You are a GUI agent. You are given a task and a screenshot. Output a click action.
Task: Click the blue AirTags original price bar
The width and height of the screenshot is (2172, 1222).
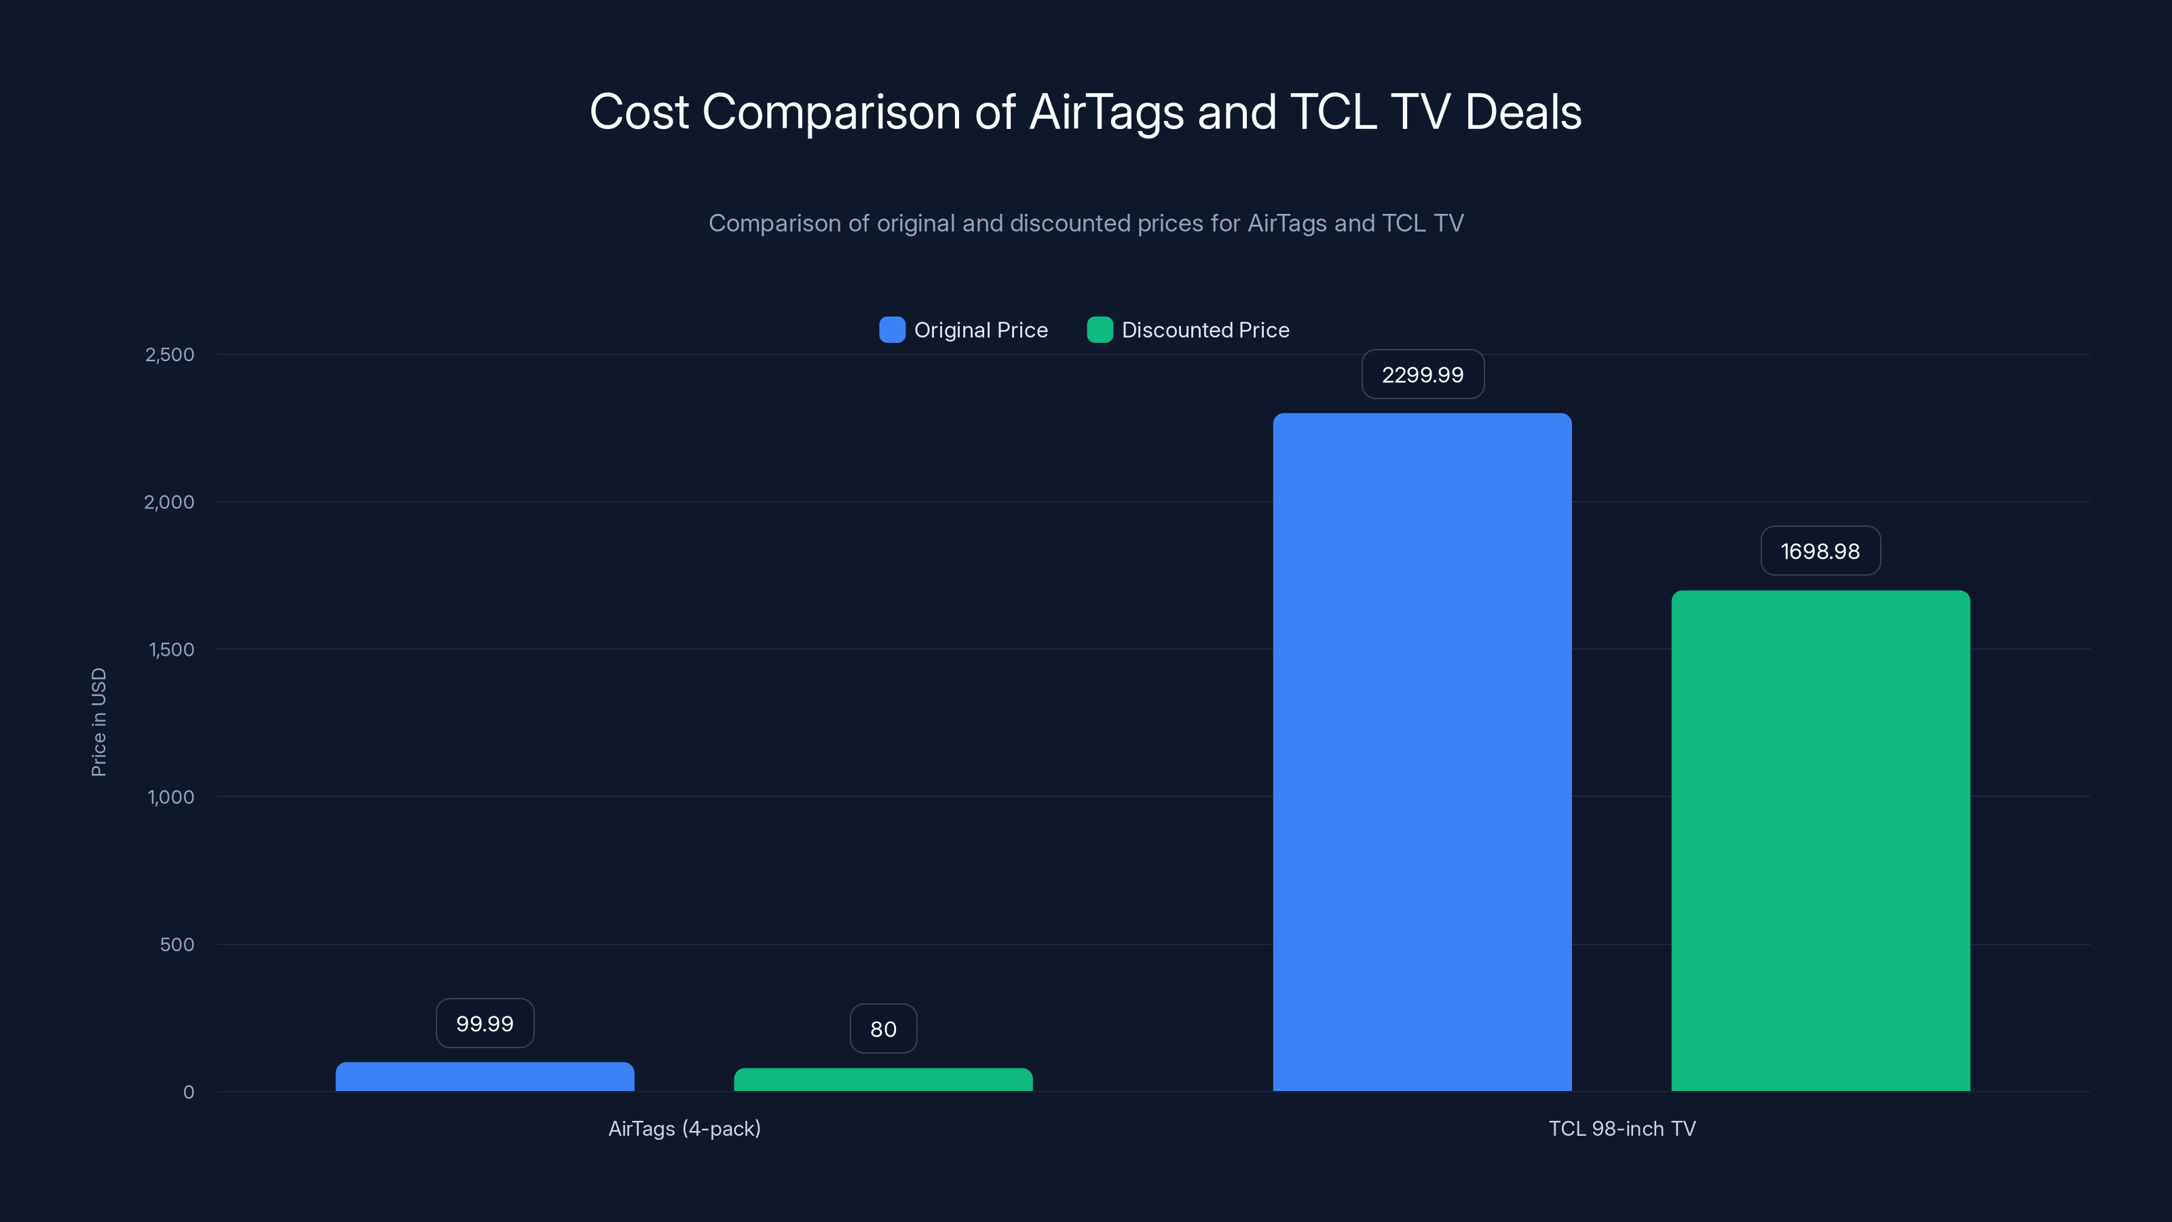coord(485,1077)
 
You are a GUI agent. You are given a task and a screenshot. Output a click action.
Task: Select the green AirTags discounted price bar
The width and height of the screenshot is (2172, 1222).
coord(883,1080)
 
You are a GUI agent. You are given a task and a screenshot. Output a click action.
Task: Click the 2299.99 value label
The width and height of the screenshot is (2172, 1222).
coord(1423,375)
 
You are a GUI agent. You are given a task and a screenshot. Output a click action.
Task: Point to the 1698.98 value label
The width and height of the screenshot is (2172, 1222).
coord(1820,551)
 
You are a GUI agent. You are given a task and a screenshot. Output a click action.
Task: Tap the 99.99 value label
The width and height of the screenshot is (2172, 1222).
coord(485,1024)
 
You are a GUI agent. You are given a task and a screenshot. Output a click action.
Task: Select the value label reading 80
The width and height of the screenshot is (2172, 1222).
coord(883,1029)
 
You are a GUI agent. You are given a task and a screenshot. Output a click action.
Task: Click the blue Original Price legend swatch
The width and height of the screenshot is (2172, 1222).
coord(892,330)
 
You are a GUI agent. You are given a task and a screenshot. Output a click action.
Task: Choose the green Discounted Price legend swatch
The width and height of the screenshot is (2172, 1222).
coord(1100,330)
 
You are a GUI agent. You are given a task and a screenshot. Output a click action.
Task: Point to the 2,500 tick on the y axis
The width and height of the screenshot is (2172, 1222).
coord(170,355)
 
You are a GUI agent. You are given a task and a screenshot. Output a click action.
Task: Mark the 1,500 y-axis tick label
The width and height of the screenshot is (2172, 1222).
coord(171,650)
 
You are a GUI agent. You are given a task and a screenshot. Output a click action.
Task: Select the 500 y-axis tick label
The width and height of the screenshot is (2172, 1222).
coord(177,944)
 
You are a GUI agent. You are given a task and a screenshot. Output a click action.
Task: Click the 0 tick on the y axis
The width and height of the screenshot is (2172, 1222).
coord(189,1092)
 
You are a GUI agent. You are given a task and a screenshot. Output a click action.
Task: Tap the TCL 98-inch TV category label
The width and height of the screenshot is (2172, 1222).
coord(1622,1128)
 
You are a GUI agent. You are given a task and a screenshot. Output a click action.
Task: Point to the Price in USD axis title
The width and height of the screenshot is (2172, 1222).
coord(98,722)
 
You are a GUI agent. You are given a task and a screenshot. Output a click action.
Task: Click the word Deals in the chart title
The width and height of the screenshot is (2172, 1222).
coord(1522,112)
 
